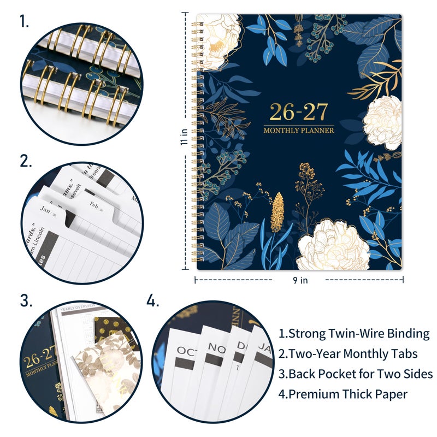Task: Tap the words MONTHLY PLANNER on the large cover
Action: click(x=299, y=130)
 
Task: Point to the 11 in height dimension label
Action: click(x=186, y=136)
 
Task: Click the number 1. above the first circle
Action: click(x=25, y=22)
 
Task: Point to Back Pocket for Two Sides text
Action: click(x=356, y=374)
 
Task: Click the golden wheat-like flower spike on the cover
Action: click(x=277, y=212)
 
